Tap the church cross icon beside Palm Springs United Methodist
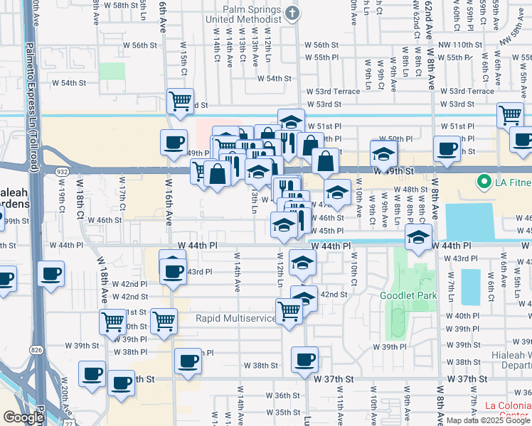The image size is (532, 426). point(291,13)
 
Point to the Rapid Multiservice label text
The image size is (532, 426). point(235,318)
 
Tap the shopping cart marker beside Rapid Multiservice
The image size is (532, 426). point(289,310)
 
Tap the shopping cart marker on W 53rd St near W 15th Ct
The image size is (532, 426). point(180,101)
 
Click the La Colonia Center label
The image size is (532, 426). point(508,410)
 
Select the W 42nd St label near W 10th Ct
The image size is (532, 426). point(333,294)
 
